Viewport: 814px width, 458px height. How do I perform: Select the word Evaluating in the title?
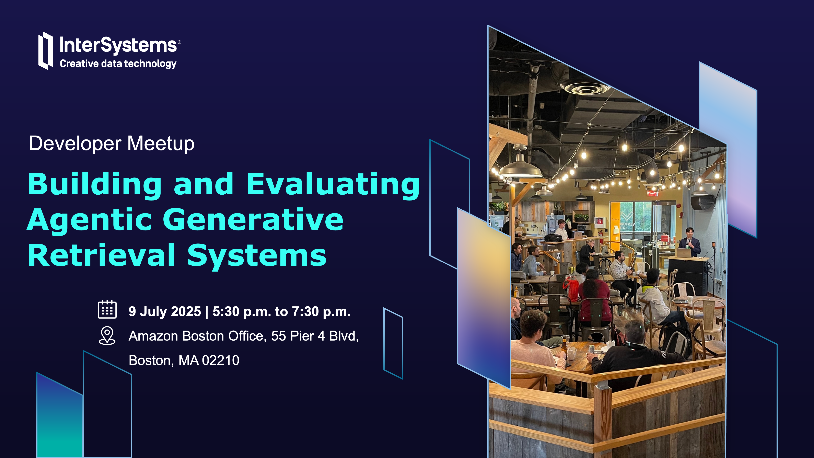click(333, 185)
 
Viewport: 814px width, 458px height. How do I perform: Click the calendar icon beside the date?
click(107, 309)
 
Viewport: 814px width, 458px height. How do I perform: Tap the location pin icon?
click(107, 336)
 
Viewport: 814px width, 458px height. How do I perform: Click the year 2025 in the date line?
click(186, 312)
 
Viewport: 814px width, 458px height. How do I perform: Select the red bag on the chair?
click(571, 288)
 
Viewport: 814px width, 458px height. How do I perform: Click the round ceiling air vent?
click(585, 88)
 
